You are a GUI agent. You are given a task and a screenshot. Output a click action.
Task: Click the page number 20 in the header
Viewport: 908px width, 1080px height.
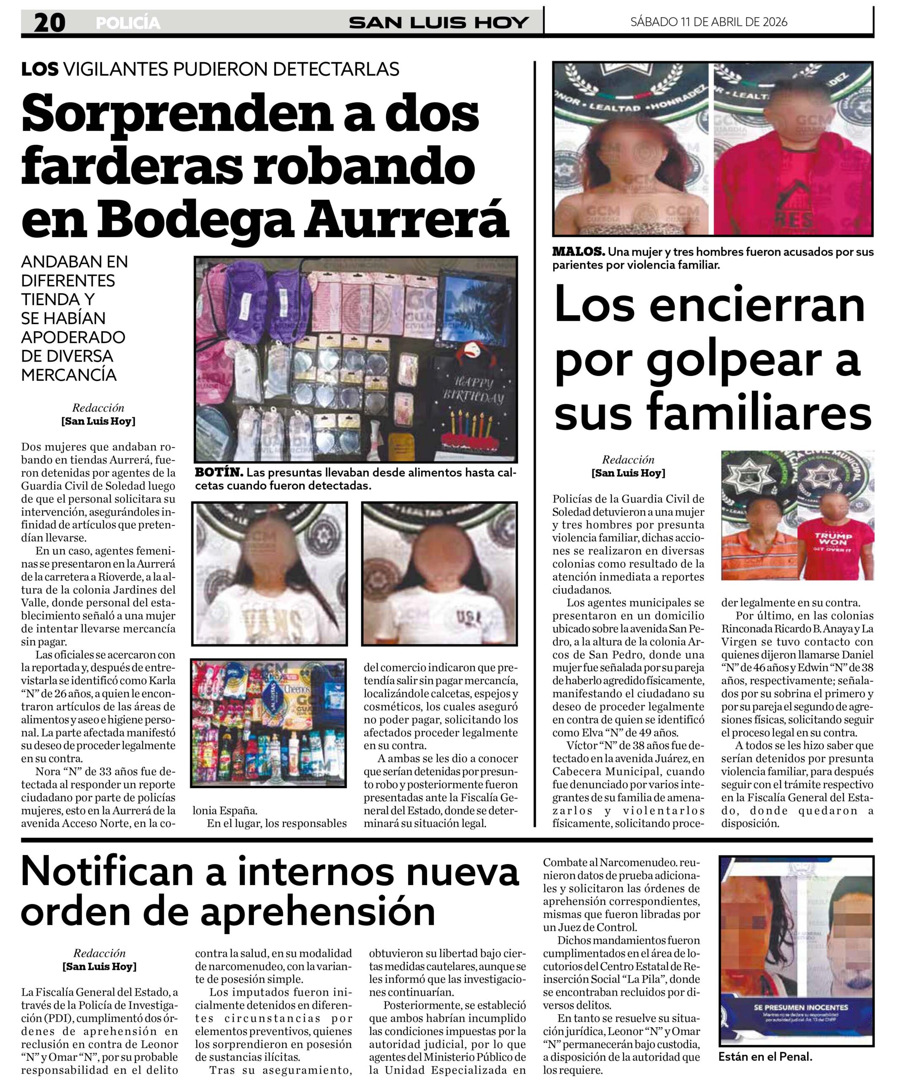[x=50, y=23]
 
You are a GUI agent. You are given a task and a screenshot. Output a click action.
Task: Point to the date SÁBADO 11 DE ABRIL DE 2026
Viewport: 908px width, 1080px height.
[x=708, y=22]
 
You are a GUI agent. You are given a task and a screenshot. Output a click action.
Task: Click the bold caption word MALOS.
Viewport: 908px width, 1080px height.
[x=578, y=251]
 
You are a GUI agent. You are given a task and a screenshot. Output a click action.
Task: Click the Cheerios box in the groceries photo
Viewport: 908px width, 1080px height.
[x=298, y=688]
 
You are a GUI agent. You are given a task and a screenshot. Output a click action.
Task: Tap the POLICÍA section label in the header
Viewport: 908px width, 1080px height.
[x=128, y=23]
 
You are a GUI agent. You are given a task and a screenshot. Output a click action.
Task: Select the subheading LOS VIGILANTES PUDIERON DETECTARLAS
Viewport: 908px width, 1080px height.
[x=210, y=69]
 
